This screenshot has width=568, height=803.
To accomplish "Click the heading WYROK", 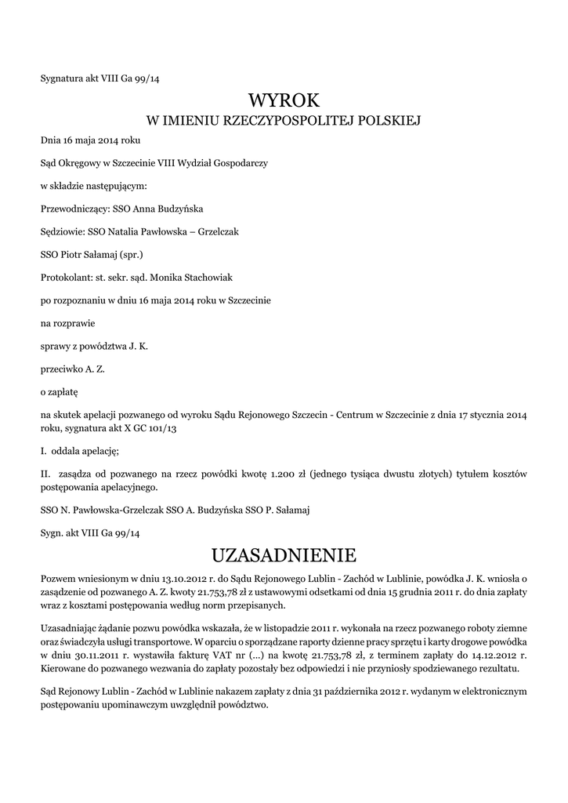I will click(x=284, y=100).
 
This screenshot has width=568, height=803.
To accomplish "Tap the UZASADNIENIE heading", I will click(x=284, y=556).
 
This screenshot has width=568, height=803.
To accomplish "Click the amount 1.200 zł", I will click(x=287, y=474).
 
